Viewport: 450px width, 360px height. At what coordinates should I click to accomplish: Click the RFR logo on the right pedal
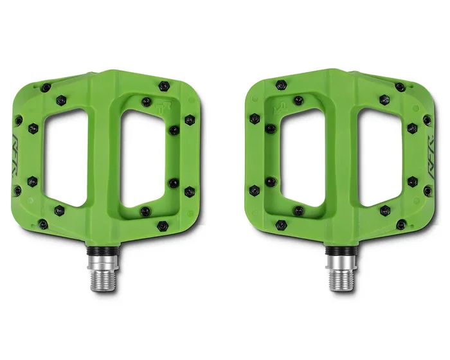coord(432,154)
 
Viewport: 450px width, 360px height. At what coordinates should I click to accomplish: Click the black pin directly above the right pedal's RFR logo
coord(427,120)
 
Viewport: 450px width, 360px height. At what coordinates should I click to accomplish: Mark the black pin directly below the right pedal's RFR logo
coord(428,191)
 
